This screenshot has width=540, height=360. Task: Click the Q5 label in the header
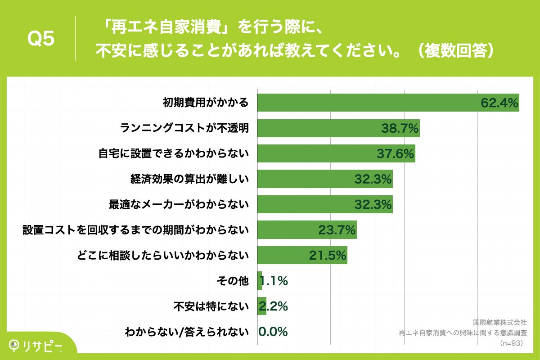tap(41, 39)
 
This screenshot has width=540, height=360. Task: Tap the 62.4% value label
tap(499, 103)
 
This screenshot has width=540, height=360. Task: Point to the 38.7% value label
tap(400, 129)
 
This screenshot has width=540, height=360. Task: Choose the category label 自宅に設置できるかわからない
tap(174, 154)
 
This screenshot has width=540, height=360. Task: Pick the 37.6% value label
tap(395, 154)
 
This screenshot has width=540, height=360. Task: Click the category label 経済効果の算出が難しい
tap(189, 180)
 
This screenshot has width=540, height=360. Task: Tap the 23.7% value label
tap(337, 230)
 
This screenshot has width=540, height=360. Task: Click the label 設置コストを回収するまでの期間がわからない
tap(136, 230)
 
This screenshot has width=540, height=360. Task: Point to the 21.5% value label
tap(328, 256)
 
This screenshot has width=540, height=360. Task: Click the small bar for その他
tap(260, 281)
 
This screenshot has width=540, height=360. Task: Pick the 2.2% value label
tap(273, 307)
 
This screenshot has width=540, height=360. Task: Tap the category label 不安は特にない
tap(211, 307)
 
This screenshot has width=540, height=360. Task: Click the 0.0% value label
tap(273, 332)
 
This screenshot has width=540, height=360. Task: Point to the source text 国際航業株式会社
tap(499, 322)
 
